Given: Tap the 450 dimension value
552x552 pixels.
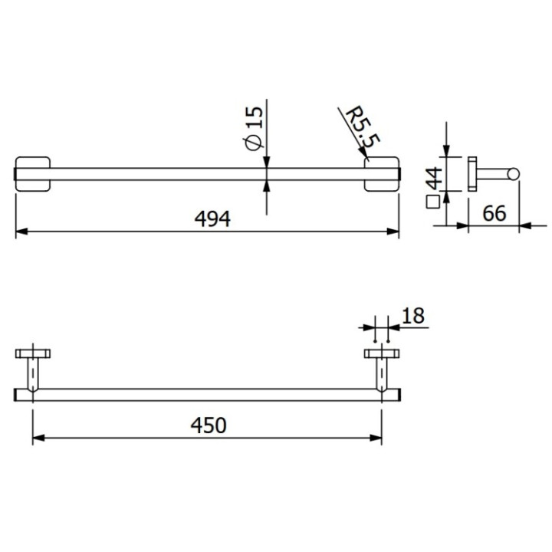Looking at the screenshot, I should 209,426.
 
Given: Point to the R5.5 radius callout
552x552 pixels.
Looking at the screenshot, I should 363,127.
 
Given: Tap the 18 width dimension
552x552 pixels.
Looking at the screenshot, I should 412,314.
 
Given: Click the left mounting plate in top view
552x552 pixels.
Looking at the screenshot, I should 33,175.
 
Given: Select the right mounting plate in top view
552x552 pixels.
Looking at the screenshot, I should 383,175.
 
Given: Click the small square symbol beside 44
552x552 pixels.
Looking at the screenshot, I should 432,202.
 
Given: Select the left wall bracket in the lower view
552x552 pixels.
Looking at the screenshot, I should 33,354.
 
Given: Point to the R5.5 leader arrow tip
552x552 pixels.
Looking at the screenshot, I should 370,159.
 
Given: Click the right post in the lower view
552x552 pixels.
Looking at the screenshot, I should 379,376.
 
